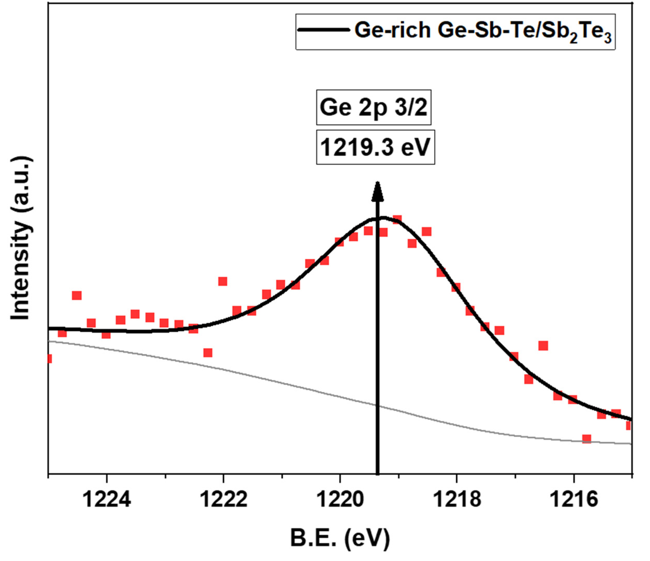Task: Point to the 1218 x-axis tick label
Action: (457, 500)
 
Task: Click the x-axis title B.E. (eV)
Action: (340, 539)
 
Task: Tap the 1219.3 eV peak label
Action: (375, 147)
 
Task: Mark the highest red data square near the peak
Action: (397, 219)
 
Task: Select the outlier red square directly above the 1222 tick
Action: (223, 281)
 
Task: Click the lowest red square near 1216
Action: (586, 439)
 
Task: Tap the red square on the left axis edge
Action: (49, 359)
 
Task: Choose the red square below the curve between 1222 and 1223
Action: (208, 353)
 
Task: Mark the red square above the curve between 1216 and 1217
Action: (543, 346)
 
